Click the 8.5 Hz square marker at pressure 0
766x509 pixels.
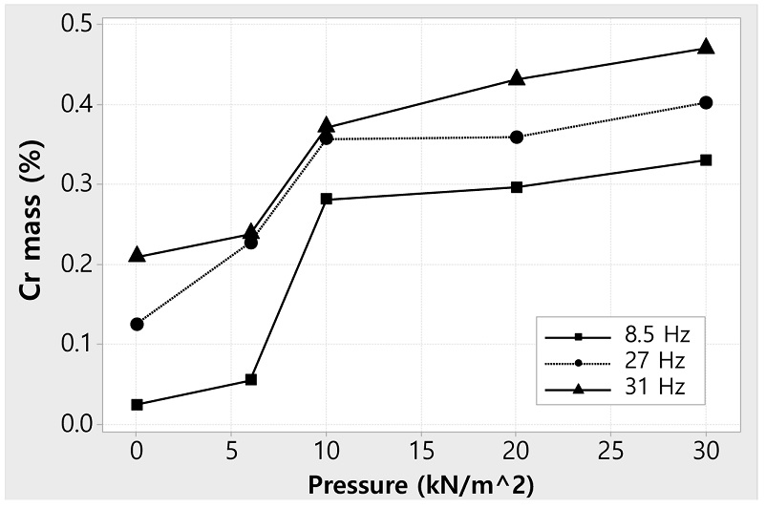coord(137,405)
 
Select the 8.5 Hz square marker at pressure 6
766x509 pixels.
coord(251,379)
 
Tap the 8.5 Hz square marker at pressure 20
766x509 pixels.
coord(517,187)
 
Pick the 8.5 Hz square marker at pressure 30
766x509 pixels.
coord(706,159)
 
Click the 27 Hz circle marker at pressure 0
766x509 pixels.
coord(137,324)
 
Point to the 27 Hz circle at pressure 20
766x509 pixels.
coord(517,138)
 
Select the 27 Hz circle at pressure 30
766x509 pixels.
coord(706,102)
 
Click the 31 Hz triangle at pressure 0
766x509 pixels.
coord(137,255)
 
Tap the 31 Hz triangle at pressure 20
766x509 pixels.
coord(517,78)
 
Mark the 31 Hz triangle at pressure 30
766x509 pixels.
coord(706,47)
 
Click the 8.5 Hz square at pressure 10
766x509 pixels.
coord(327,199)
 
